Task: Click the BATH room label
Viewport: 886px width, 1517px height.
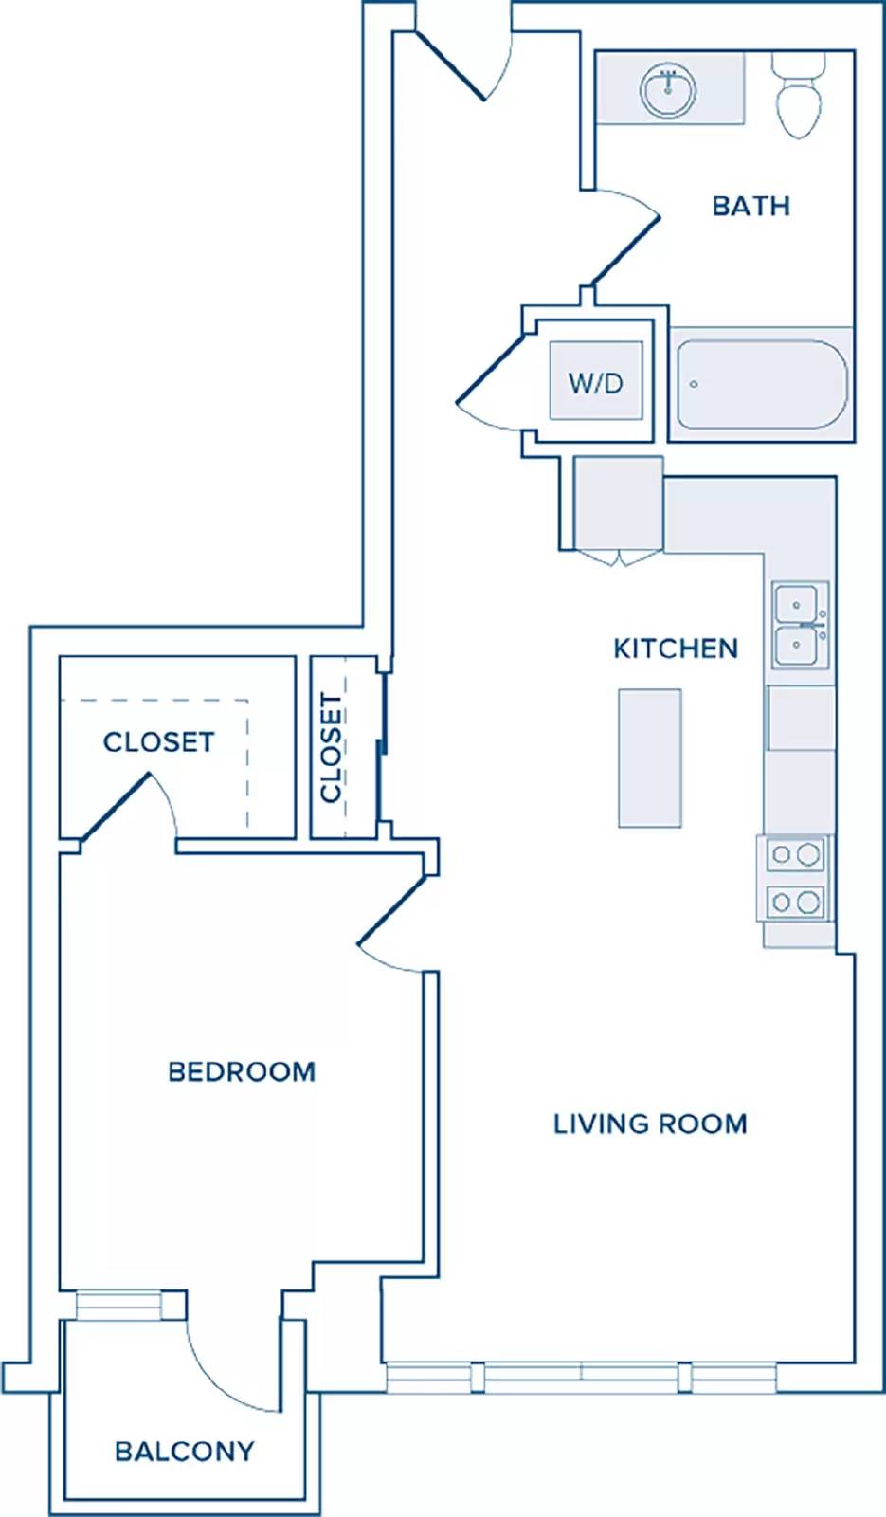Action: point(751,206)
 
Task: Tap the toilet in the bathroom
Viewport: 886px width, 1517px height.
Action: point(799,96)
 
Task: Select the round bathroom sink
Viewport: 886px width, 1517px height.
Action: point(668,91)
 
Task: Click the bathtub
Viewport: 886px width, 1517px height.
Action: point(762,384)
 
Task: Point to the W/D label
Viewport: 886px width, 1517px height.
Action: point(596,383)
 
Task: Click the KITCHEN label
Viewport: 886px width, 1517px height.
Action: point(676,649)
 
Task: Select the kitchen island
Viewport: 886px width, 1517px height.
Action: point(650,758)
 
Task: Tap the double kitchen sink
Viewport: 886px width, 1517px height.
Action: point(800,625)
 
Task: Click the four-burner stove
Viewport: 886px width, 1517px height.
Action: point(795,878)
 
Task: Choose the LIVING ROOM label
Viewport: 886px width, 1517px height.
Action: point(650,1124)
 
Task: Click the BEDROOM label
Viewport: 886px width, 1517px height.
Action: point(242,1072)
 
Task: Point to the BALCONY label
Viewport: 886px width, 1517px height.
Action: point(185,1452)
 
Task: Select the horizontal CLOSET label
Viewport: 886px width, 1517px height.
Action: point(159,742)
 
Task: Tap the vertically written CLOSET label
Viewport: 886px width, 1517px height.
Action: point(331,748)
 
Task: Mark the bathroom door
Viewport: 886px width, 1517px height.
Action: point(624,237)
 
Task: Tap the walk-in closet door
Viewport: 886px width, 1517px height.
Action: point(129,807)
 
